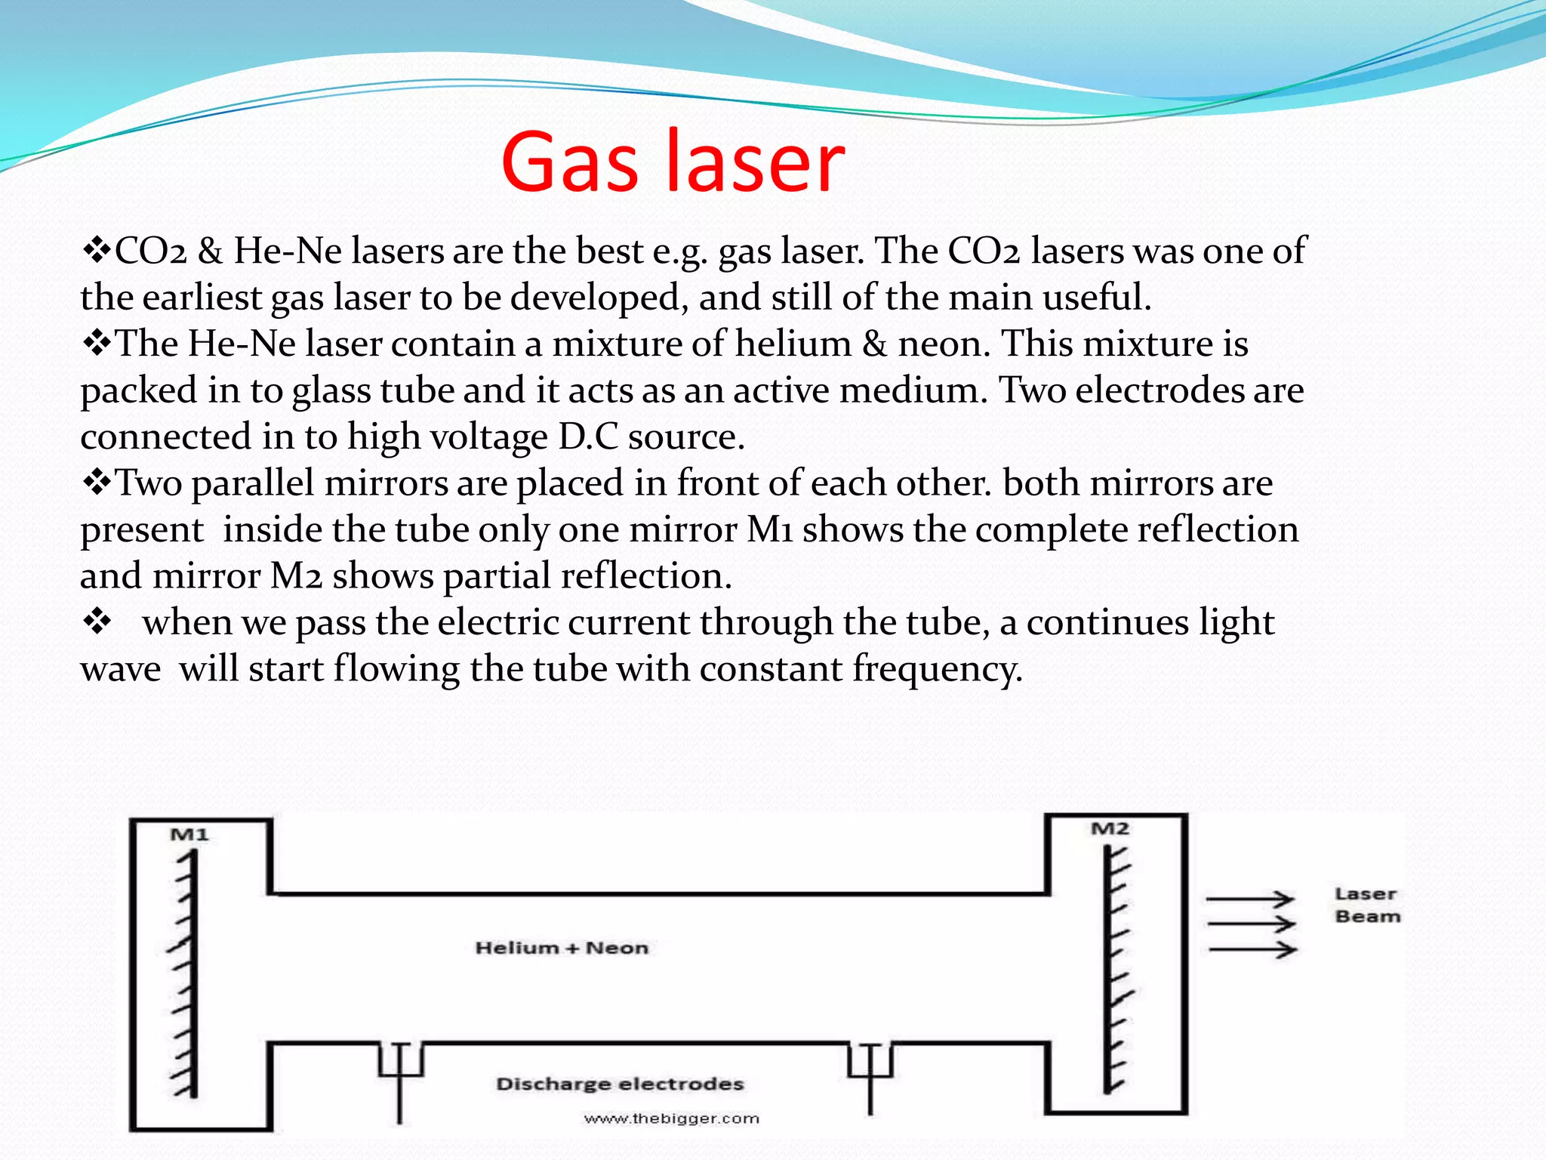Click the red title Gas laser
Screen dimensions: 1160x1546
point(672,161)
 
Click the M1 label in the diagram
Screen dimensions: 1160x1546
point(189,835)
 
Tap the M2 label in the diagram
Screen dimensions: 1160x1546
point(1110,828)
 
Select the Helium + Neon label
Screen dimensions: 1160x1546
point(562,948)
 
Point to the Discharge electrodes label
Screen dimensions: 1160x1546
point(620,1084)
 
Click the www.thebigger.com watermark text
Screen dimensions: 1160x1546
point(671,1118)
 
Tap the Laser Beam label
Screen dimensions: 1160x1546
point(1367,905)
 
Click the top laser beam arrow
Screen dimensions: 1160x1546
point(1250,899)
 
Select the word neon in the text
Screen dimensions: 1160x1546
point(944,344)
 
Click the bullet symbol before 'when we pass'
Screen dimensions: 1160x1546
point(97,622)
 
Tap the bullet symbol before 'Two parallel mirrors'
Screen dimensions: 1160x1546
point(97,483)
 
